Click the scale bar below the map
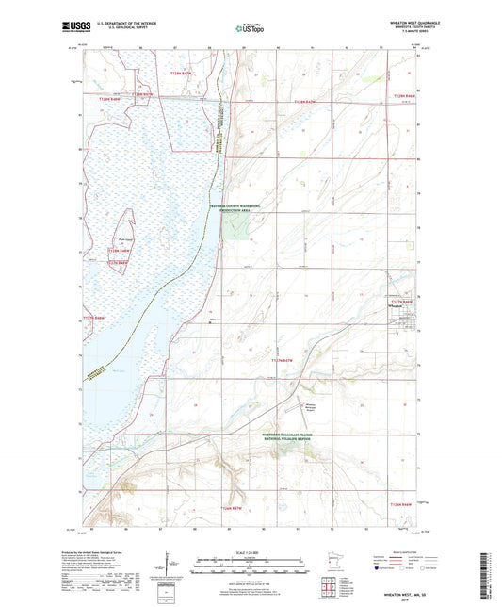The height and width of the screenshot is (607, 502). (x=252, y=568)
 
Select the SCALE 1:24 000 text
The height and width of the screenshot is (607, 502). (x=251, y=551)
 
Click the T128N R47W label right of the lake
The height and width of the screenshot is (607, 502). (x=308, y=100)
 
